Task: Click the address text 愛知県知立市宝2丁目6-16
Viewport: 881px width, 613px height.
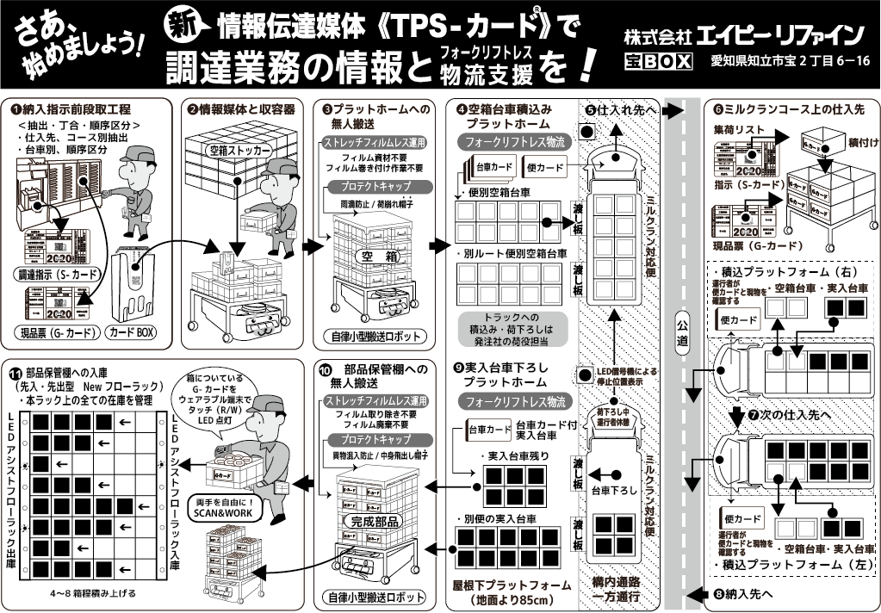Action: tap(790, 62)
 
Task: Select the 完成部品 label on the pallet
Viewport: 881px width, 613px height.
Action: tap(379, 522)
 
